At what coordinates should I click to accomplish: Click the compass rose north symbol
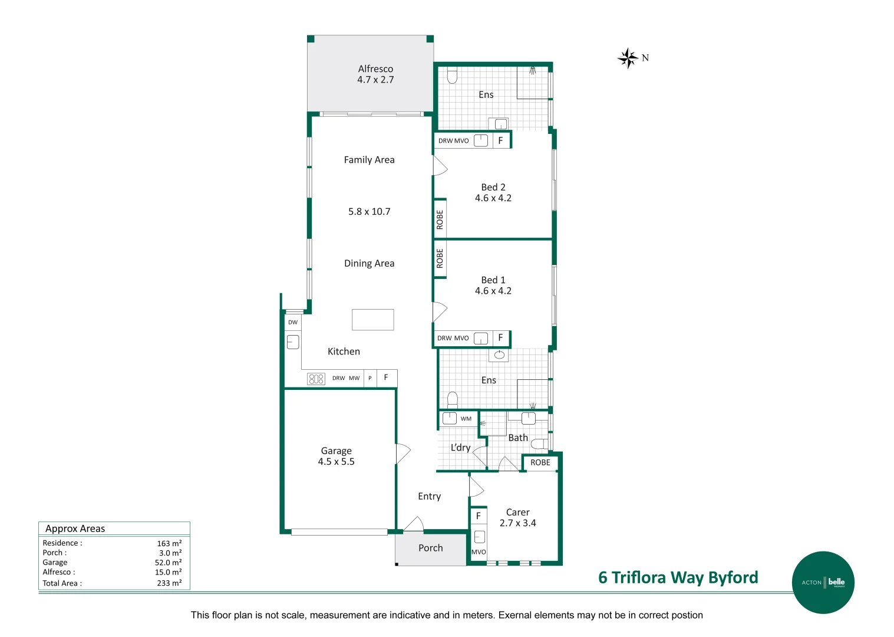coord(628,58)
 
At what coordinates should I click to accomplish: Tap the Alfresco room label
coord(375,69)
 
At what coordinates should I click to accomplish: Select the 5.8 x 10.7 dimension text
coord(369,212)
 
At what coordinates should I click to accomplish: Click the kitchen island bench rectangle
coord(372,320)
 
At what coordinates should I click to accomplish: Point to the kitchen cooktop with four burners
coord(316,379)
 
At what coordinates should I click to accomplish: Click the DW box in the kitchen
coord(293,323)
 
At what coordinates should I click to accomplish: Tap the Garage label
coord(336,451)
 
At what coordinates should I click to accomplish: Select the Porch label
coord(430,548)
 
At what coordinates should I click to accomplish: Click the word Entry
coord(429,497)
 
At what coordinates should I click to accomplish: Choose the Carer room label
coord(517,513)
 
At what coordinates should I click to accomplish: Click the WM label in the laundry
coord(466,419)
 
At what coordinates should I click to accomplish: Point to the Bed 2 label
coord(493,187)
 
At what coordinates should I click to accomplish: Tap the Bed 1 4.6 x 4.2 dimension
coord(493,291)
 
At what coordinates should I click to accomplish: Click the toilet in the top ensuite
coord(453,76)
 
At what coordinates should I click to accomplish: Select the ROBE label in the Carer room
coord(540,462)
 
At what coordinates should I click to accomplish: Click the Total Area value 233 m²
coord(169,583)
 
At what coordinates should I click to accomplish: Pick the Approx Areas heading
coord(75,528)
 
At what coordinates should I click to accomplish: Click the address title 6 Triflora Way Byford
coord(678,577)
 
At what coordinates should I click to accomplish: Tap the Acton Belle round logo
coord(823,582)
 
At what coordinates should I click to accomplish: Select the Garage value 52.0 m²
coord(168,563)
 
